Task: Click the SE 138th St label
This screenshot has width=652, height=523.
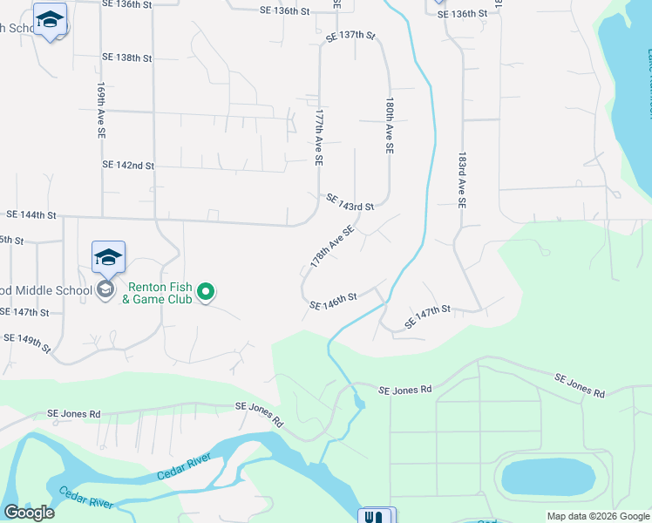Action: (x=127, y=58)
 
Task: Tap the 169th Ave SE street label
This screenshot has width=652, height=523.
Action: (x=101, y=111)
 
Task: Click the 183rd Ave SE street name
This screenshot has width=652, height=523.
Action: (x=462, y=180)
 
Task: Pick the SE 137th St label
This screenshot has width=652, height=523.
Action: (x=350, y=36)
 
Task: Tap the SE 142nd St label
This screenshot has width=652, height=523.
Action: (x=128, y=165)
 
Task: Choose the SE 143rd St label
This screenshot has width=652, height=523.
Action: (x=350, y=202)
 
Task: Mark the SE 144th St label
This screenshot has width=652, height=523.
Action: (x=31, y=214)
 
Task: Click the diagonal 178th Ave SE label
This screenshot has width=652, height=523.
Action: (x=332, y=246)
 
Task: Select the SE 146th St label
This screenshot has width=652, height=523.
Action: (x=334, y=302)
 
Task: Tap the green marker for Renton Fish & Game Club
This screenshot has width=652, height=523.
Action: (x=206, y=291)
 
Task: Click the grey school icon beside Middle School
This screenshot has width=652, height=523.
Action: (x=105, y=289)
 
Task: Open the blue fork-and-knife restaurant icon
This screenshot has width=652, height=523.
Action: (x=377, y=516)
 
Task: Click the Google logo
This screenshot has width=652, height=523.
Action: (x=29, y=513)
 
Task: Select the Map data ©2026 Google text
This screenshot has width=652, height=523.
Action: (x=597, y=516)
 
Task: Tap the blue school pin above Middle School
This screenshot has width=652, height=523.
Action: (x=108, y=257)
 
